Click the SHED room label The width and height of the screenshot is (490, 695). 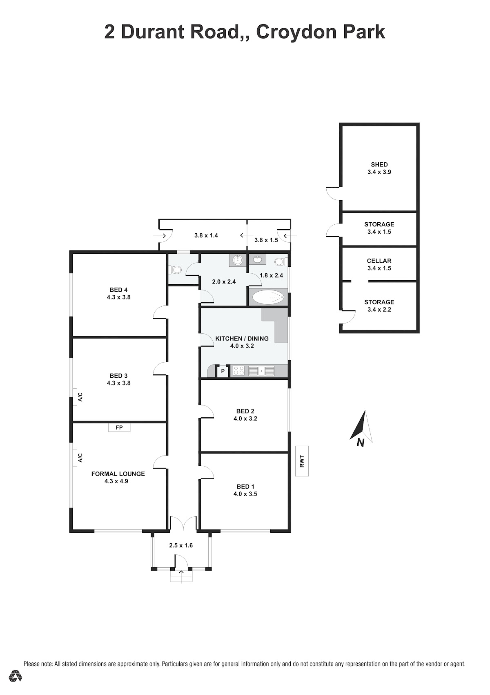coord(379,164)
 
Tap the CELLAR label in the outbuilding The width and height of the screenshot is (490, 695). coord(379,261)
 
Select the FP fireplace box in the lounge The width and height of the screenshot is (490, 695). coord(119,427)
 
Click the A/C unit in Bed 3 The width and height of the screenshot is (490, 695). coord(75,397)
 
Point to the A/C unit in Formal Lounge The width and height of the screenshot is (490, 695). coord(75,458)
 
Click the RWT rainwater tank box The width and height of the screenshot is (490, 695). coord(302,461)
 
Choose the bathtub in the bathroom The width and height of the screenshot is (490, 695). coord(268,297)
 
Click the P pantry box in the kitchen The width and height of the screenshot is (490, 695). coord(223,371)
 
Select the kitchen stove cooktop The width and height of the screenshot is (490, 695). coord(238,371)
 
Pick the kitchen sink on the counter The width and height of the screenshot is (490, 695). coord(261,371)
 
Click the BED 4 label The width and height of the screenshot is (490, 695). coord(118,290)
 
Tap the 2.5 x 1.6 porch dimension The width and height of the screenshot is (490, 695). coord(181,545)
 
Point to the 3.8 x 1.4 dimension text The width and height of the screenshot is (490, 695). coord(206,235)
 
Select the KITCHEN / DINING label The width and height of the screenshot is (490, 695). coord(242,339)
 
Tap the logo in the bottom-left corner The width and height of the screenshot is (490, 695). coord(15,676)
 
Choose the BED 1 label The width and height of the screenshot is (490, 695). coord(245,487)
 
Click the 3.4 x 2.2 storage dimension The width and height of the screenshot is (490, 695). coord(379,309)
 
